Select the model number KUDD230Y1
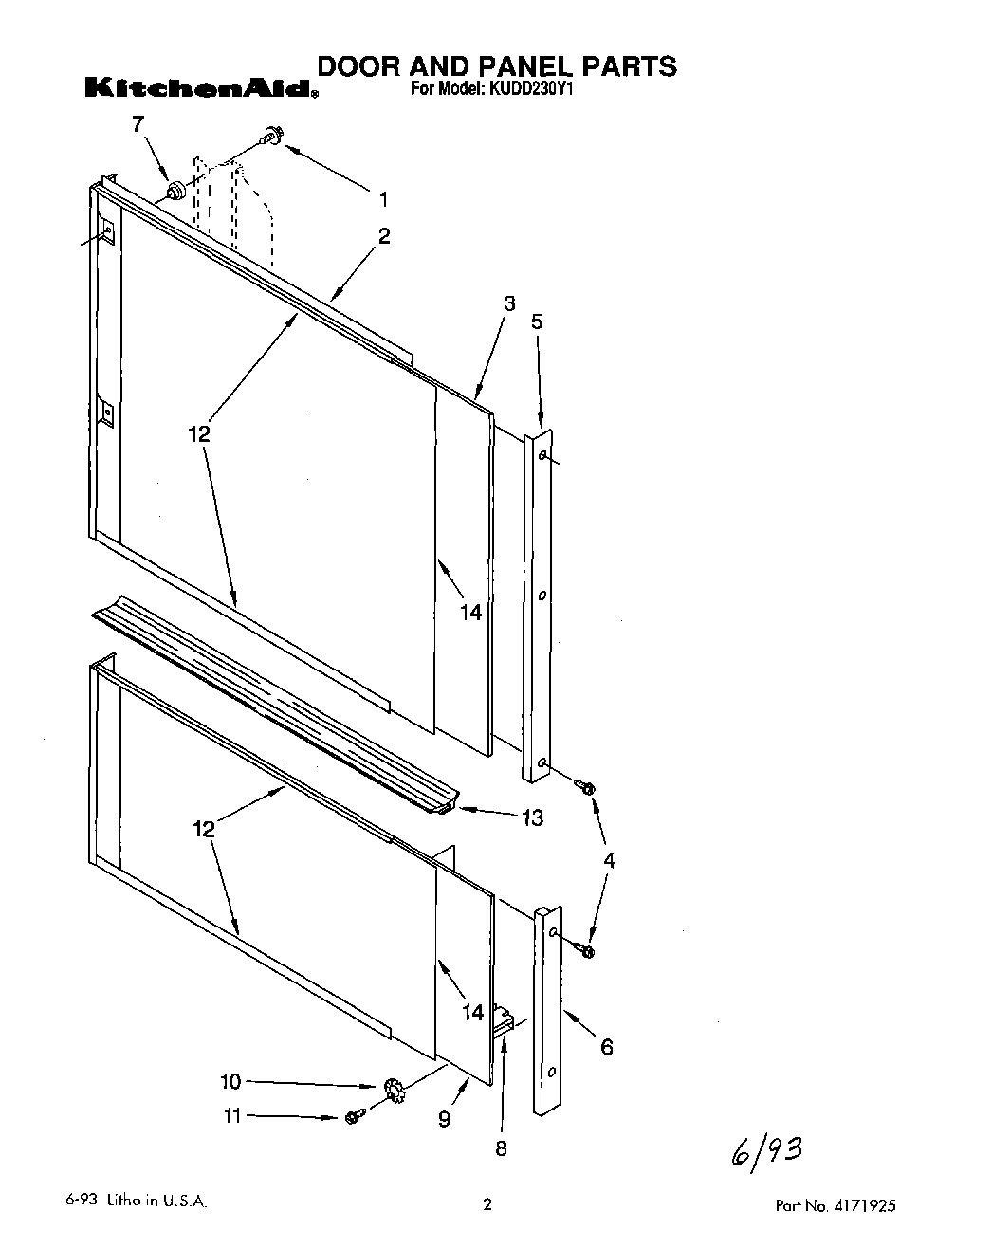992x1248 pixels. click(532, 91)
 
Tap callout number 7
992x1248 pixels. click(138, 124)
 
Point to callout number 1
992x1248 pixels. click(383, 199)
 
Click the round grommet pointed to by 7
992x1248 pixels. click(175, 193)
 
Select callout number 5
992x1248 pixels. click(537, 321)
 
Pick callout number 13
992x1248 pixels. click(532, 817)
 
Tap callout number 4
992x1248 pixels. click(609, 860)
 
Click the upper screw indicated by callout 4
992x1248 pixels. click(584, 787)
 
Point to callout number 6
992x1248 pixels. click(607, 1046)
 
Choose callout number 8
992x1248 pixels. click(501, 1148)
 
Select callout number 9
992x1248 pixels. click(444, 1119)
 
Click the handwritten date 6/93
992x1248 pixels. click(766, 1153)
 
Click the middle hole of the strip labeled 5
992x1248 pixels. click(542, 596)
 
